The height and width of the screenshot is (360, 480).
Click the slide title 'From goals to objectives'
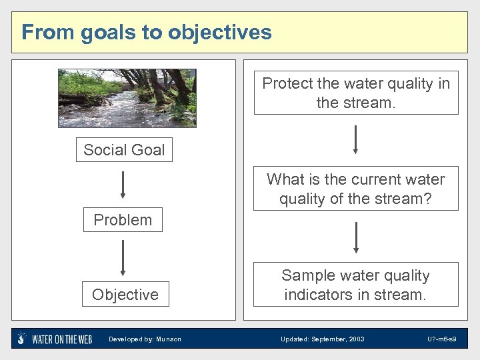tap(147, 32)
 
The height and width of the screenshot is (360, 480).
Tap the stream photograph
tap(127, 98)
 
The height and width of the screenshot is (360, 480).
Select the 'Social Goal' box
tap(124, 150)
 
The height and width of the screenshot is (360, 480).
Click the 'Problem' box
tap(123, 220)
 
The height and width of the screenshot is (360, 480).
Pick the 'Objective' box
tap(125, 295)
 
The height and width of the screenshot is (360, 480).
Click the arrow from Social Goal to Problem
tap(123, 185)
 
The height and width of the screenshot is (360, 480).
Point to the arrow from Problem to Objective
tap(123, 258)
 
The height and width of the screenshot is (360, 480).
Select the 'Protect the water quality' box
tap(356, 93)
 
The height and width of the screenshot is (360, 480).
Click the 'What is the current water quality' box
tap(356, 189)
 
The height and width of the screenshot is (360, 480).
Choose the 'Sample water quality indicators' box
tap(356, 285)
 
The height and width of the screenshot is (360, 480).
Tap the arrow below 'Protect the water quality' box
tap(356, 139)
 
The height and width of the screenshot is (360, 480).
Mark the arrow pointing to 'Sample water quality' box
tap(356, 237)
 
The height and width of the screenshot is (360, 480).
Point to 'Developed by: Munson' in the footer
tap(145, 339)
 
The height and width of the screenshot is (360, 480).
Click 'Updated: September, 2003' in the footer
tap(323, 339)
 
